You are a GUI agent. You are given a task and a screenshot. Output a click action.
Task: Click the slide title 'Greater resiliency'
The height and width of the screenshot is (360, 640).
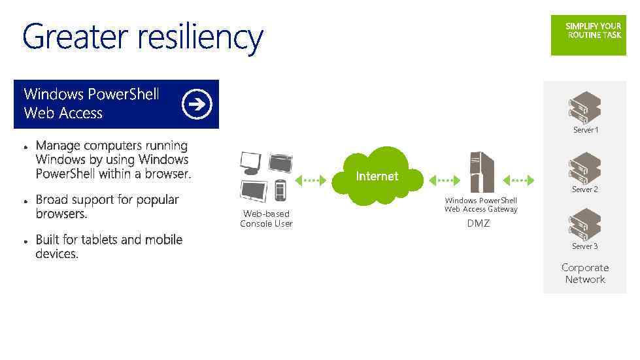(x=143, y=37)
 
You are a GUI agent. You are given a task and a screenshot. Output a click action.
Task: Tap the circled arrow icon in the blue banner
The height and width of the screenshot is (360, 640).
(x=197, y=104)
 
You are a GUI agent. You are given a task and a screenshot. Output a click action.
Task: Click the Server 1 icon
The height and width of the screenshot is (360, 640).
(x=584, y=107)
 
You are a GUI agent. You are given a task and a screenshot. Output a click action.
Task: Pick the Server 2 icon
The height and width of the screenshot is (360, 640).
(x=584, y=167)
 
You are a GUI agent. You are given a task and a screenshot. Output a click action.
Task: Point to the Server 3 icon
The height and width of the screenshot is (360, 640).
(x=584, y=224)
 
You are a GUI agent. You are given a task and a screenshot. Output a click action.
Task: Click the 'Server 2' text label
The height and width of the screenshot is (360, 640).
(x=584, y=189)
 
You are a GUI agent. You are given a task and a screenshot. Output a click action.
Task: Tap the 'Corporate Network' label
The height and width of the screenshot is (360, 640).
(x=584, y=273)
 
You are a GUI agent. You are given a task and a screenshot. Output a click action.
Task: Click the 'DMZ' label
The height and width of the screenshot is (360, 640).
(x=478, y=223)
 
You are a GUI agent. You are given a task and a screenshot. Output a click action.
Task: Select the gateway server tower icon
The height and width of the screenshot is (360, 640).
(x=481, y=172)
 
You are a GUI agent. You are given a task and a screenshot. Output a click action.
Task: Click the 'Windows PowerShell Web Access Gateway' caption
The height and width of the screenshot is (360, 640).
(x=480, y=205)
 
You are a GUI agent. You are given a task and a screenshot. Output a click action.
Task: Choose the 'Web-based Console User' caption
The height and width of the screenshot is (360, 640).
(x=266, y=218)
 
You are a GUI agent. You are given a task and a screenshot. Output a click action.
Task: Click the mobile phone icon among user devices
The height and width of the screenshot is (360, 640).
(x=280, y=190)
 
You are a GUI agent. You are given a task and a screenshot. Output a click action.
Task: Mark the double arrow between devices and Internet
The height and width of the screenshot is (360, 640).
(x=311, y=180)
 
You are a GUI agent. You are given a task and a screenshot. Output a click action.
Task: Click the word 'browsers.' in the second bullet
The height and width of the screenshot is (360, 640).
(x=61, y=214)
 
